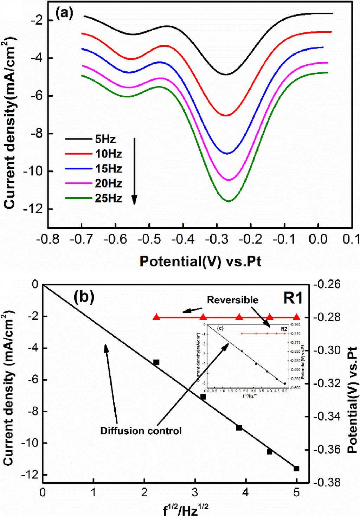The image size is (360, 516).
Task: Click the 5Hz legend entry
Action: [105, 139]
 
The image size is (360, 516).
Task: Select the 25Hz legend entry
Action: [108, 199]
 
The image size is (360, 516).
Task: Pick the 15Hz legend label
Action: [108, 169]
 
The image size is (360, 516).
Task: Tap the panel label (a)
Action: [64, 14]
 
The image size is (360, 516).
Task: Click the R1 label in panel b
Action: [292, 298]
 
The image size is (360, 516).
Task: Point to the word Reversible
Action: [232, 300]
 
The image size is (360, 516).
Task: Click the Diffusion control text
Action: [141, 431]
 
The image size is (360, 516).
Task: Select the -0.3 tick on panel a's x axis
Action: [217, 240]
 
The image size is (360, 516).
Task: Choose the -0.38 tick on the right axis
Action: [329, 483]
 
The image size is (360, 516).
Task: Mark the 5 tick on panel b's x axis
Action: [296, 492]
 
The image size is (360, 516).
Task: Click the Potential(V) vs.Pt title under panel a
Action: [200, 262]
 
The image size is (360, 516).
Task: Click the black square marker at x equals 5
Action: [296, 469]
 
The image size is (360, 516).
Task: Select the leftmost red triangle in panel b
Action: [157, 317]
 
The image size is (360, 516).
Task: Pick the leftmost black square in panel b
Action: [156, 362]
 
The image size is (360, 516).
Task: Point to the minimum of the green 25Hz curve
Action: [229, 201]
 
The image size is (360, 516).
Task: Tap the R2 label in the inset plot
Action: [284, 329]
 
